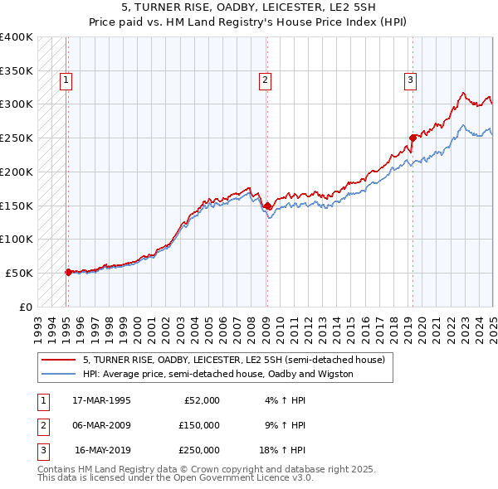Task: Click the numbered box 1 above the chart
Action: (65, 80)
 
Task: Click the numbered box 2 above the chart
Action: (264, 80)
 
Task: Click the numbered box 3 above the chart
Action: (410, 80)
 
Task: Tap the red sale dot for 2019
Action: (413, 138)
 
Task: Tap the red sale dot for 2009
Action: (267, 206)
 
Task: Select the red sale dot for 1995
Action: (68, 271)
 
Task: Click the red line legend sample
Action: (58, 361)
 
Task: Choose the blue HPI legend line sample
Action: (58, 374)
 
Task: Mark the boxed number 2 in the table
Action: (41, 425)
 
